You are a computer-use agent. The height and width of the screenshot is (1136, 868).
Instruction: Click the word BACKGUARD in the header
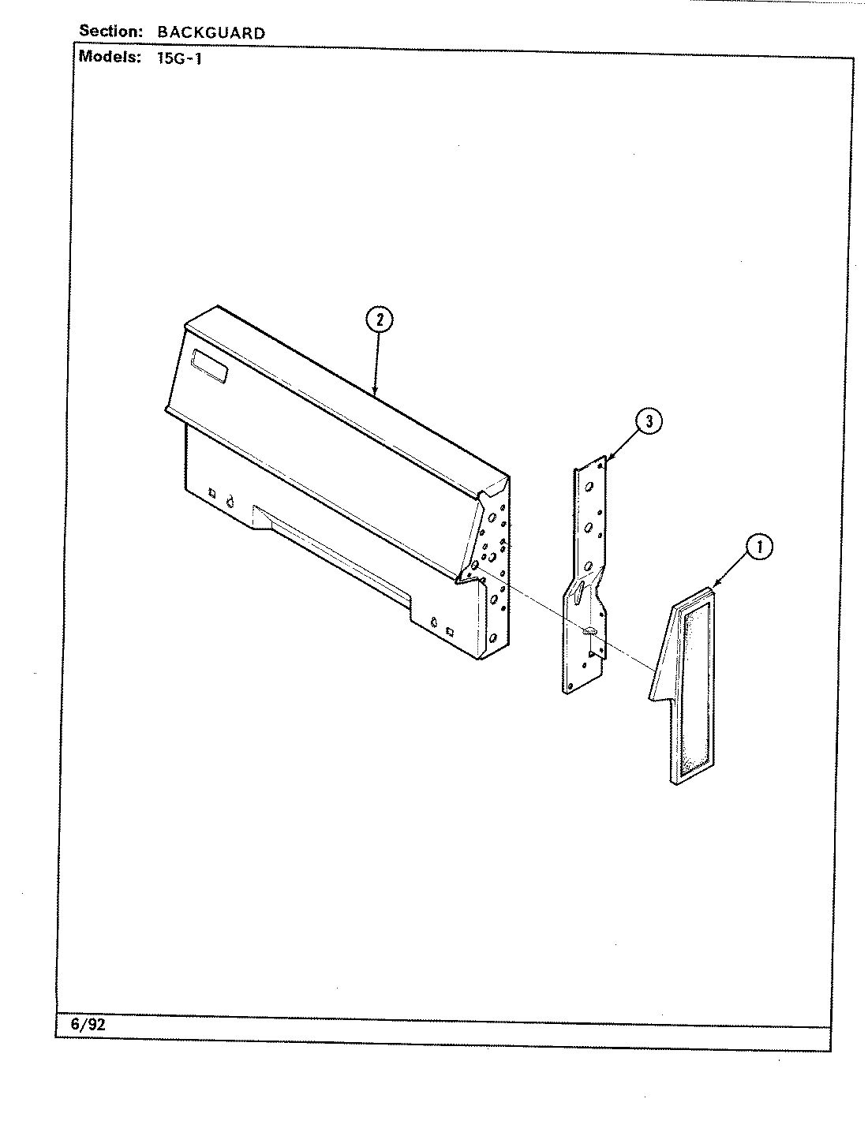coord(211,33)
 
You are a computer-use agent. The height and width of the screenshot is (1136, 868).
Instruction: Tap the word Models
coord(110,57)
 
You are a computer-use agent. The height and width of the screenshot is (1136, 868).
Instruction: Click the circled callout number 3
coord(648,421)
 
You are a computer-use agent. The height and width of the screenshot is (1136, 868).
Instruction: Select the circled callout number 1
coord(759,547)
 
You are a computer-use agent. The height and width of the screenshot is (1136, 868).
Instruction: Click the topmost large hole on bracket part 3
coord(589,487)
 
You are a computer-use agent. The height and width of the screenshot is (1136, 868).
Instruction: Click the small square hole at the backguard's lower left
coord(211,493)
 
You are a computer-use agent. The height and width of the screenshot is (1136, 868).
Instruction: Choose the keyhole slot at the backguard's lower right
coord(433,622)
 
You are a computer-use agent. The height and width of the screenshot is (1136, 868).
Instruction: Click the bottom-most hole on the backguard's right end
coord(493,637)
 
